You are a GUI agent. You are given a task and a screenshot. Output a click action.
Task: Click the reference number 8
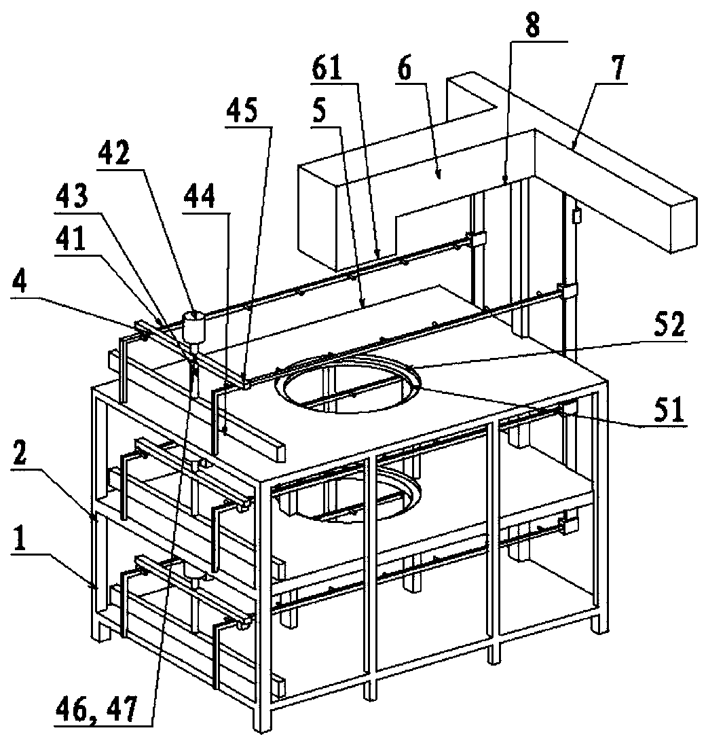tap(532, 26)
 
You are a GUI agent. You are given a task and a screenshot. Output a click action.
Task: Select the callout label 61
tap(327, 69)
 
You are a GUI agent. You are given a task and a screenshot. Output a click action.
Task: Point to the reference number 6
tap(404, 69)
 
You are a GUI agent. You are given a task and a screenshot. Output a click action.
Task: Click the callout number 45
tap(241, 111)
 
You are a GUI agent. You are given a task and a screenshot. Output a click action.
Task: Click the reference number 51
tap(669, 410)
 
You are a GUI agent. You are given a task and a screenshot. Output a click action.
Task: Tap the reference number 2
tap(19, 453)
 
